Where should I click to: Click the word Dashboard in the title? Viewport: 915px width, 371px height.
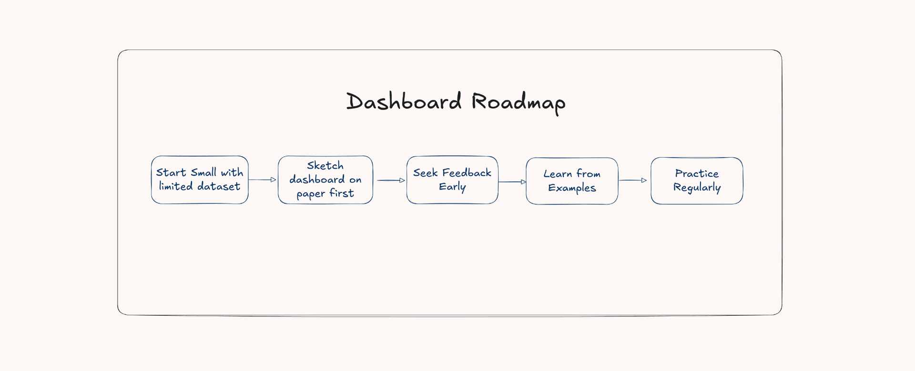tap(404, 101)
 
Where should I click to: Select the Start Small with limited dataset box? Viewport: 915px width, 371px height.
tap(200, 180)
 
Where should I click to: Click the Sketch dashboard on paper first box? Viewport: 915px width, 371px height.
tap(325, 180)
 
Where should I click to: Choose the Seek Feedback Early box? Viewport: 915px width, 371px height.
tap(452, 180)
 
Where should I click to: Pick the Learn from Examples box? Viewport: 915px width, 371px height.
tap(572, 181)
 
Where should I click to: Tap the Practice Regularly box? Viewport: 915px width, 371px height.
tap(697, 180)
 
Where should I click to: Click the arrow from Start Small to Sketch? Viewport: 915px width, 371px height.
tap(263, 180)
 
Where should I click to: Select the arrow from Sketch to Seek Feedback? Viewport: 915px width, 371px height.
tap(391, 180)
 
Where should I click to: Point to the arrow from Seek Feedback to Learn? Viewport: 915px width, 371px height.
tap(512, 181)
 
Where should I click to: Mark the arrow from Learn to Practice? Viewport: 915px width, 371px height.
tap(633, 180)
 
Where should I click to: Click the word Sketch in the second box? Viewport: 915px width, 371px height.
tap(325, 166)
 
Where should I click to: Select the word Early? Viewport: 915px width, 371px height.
tap(452, 187)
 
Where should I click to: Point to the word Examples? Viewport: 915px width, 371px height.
tap(572, 188)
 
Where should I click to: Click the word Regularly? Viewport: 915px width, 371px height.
tap(697, 188)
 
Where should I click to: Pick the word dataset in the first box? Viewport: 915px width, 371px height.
tap(219, 186)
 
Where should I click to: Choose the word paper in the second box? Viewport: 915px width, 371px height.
tap(311, 194)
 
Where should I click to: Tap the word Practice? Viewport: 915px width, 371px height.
tap(697, 173)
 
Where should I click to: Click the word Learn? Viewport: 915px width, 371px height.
tap(558, 174)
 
